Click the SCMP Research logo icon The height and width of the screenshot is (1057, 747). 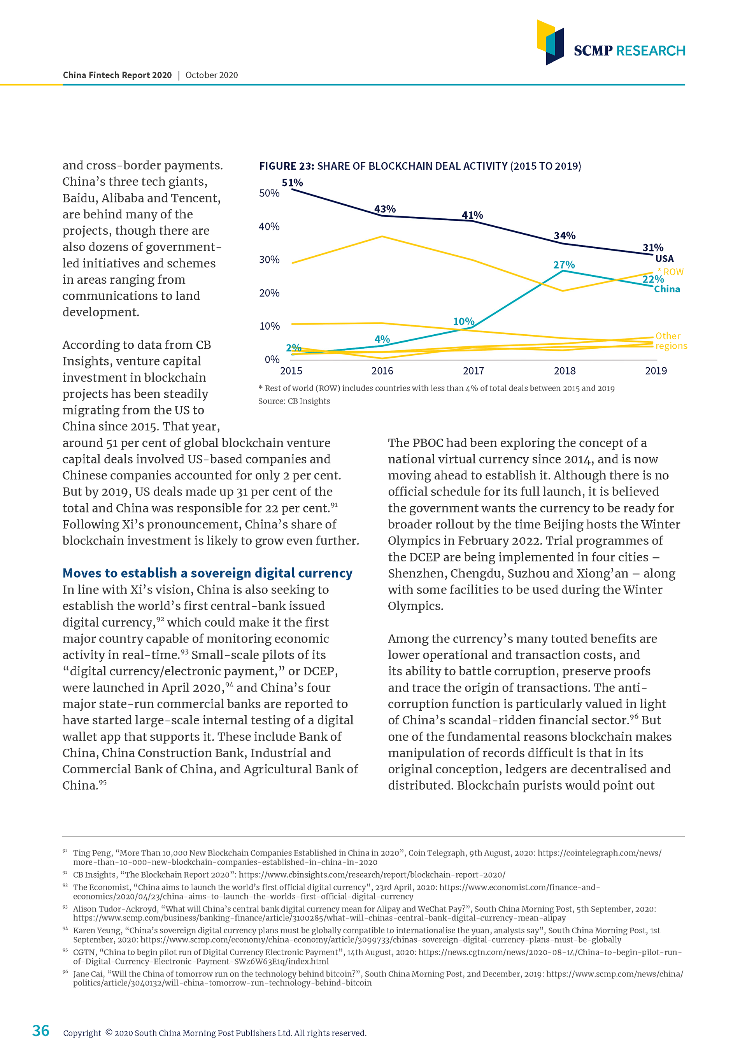[x=550, y=42]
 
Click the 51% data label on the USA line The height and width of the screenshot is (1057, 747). [x=292, y=183]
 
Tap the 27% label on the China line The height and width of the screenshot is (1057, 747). [x=564, y=265]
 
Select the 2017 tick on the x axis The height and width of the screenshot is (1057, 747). [x=473, y=370]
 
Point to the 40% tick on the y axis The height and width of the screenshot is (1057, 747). [x=269, y=226]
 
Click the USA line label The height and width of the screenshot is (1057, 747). [x=664, y=259]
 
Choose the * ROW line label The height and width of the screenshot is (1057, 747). [x=671, y=272]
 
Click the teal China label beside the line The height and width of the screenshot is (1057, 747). [x=667, y=289]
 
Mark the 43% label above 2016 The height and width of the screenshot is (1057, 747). [x=385, y=209]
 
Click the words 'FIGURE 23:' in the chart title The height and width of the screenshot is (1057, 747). [x=286, y=166]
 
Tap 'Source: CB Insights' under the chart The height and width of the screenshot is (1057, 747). [x=294, y=401]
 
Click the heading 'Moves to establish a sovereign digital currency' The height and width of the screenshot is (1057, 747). [x=207, y=573]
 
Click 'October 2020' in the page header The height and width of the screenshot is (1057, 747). [x=211, y=75]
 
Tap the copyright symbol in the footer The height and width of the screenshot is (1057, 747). [x=109, y=1032]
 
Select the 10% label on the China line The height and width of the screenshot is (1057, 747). [x=463, y=321]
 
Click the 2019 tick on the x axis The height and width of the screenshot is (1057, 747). [x=656, y=370]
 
